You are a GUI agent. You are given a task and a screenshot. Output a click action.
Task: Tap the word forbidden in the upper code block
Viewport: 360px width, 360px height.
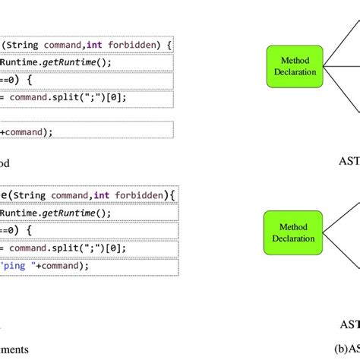pos(138,44)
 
